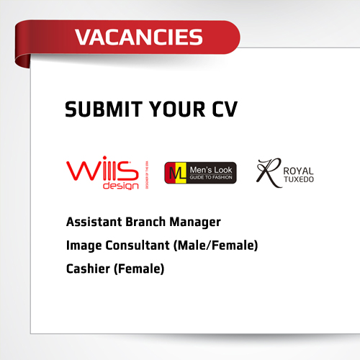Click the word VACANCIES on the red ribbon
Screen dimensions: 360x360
139,37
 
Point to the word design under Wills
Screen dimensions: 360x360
121,186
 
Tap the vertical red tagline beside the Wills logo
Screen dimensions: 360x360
147,175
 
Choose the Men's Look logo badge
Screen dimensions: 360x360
200,173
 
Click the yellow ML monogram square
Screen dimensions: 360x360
177,173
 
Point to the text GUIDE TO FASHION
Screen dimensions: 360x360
211,177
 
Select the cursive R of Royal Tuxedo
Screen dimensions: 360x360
269,172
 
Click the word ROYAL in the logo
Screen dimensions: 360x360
298,171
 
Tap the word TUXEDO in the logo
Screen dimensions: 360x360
299,179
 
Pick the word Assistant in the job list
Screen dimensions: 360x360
94,222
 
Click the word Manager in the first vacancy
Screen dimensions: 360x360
195,222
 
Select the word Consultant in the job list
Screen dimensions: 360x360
138,246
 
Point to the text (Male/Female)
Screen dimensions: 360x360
215,246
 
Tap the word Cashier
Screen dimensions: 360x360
88,269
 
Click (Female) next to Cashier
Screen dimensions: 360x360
139,269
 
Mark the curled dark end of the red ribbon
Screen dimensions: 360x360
22,60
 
